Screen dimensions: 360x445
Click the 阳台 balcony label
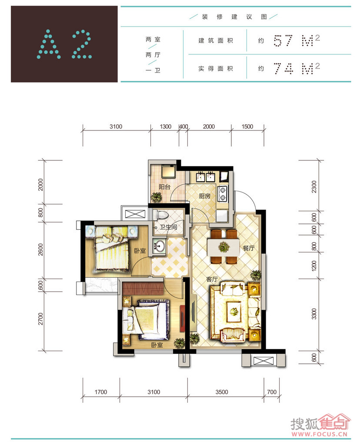click(165, 187)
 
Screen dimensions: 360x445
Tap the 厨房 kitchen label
click(204, 196)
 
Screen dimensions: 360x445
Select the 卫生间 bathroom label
click(168, 227)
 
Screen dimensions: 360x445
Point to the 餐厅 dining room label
click(248, 248)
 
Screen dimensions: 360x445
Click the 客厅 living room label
click(212, 279)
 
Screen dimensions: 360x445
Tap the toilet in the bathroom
click(161, 215)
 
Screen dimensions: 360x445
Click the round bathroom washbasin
click(159, 246)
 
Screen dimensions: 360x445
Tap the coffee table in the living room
click(233, 312)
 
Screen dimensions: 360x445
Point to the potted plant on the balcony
click(156, 197)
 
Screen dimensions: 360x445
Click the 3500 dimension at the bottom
click(222, 392)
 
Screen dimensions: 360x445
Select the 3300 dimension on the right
click(314, 314)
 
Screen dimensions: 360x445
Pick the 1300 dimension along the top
click(166, 126)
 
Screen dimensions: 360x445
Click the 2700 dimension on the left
click(41, 319)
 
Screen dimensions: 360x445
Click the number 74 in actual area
click(283, 68)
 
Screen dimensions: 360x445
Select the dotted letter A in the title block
click(49, 44)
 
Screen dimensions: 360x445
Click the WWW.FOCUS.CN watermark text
click(320, 434)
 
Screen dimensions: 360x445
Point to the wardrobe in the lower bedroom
click(143, 289)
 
